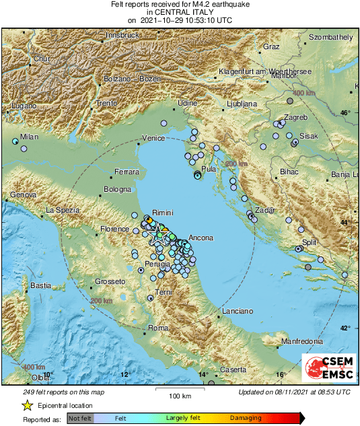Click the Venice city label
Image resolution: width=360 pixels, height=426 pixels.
[x=153, y=138]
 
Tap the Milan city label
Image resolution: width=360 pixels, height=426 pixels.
[x=29, y=137]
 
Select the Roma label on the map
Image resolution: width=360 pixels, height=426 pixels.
[x=157, y=327]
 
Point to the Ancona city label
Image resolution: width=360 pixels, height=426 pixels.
[x=201, y=238]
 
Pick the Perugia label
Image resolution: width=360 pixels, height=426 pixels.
[x=139, y=265]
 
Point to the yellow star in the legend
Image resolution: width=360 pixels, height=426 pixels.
[x=27, y=405]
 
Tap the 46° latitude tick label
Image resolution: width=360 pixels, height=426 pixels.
[x=345, y=113]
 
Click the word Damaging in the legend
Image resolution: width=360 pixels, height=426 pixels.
[x=246, y=418]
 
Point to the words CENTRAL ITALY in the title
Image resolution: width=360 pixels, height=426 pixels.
[x=180, y=11]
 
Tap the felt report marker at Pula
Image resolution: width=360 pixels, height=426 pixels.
[x=197, y=175]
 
